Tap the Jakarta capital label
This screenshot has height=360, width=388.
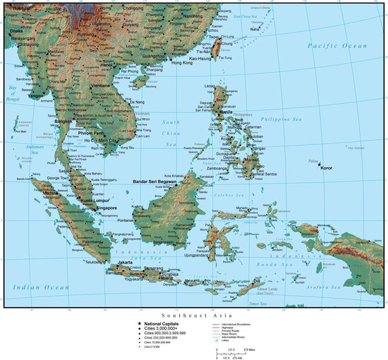click(x=125, y=262)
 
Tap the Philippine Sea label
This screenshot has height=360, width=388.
click(x=281, y=120)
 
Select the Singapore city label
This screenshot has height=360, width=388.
click(x=103, y=208)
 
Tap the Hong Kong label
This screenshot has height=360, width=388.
click(x=182, y=63)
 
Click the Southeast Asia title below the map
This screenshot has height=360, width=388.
click(x=194, y=314)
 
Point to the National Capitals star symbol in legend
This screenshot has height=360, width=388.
click(x=138, y=324)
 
